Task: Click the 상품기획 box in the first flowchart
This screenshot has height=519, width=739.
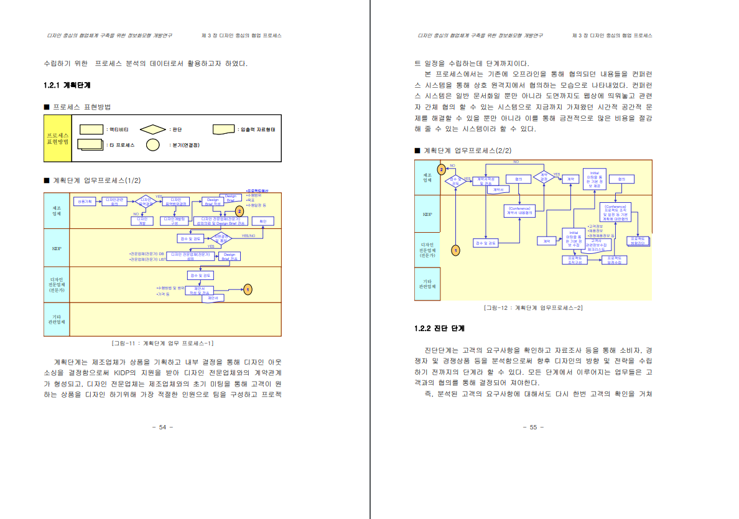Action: click(x=85, y=202)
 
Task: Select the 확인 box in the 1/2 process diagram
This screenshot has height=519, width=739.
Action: click(x=263, y=221)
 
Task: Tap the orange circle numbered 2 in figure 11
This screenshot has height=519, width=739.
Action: click(x=239, y=212)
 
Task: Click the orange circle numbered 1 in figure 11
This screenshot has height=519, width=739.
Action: click(x=248, y=289)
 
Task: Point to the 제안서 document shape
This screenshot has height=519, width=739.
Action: click(x=213, y=299)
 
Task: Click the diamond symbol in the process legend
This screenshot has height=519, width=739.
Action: click(x=152, y=129)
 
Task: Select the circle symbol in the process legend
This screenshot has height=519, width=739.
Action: click(x=152, y=146)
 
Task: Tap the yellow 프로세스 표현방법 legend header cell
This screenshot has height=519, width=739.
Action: click(x=58, y=138)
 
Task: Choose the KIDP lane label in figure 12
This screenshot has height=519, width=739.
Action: click(x=427, y=214)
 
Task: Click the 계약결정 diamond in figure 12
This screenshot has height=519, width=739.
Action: click(x=543, y=178)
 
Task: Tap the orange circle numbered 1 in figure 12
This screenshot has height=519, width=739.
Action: click(x=455, y=250)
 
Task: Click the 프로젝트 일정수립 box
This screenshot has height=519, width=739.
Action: click(x=614, y=259)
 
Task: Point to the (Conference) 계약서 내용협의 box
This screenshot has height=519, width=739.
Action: click(x=519, y=211)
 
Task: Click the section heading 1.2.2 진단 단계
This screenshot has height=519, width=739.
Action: click(x=439, y=328)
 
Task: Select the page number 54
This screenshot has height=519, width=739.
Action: click(x=162, y=427)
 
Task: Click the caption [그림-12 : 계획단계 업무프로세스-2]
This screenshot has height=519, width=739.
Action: click(x=533, y=308)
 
